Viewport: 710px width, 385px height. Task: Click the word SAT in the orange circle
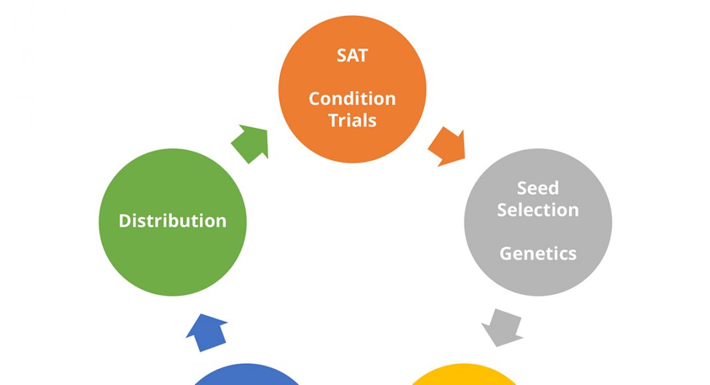click(352, 56)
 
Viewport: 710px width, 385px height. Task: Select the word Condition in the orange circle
click(352, 98)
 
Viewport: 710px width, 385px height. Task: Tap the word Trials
click(352, 120)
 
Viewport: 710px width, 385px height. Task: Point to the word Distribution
click(173, 221)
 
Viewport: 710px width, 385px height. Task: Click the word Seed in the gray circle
click(538, 188)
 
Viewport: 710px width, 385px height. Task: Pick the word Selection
click(538, 210)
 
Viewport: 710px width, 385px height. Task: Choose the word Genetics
click(538, 254)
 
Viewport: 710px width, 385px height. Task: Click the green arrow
click(251, 143)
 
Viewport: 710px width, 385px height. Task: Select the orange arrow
click(447, 147)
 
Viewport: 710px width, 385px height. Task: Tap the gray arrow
click(502, 328)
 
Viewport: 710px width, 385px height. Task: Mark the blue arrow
click(207, 332)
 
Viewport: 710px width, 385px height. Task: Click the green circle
click(173, 222)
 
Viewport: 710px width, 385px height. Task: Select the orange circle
click(352, 89)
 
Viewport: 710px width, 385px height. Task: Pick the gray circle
click(538, 222)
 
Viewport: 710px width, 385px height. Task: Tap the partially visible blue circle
click(247, 374)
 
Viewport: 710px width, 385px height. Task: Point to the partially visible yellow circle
click(463, 374)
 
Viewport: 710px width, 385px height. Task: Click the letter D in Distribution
click(125, 221)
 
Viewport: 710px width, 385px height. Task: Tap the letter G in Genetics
click(506, 254)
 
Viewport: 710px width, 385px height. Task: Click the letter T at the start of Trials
click(334, 120)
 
